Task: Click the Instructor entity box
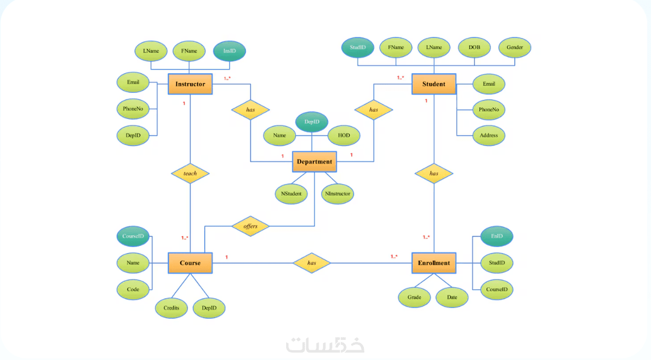190,84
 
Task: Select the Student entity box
434,84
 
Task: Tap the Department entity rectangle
314,162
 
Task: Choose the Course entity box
190,263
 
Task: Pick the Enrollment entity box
434,263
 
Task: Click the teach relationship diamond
190,174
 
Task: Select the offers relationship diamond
250,226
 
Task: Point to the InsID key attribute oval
230,51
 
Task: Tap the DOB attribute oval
474,48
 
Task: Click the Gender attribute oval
515,48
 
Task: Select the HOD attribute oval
344,135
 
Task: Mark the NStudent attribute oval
291,193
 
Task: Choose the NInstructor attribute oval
338,193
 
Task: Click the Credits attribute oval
171,308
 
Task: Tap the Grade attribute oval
414,298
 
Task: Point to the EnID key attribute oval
497,237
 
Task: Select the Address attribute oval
489,135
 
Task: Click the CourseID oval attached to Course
133,237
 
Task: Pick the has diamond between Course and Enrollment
312,263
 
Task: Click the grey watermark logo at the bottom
326,344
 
